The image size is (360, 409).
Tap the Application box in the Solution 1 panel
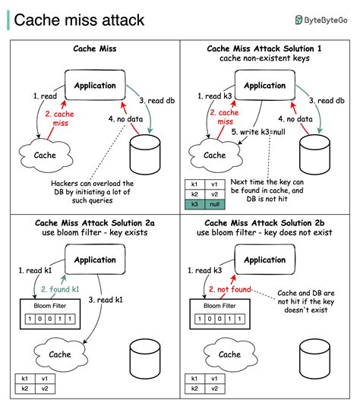(x=264, y=86)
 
